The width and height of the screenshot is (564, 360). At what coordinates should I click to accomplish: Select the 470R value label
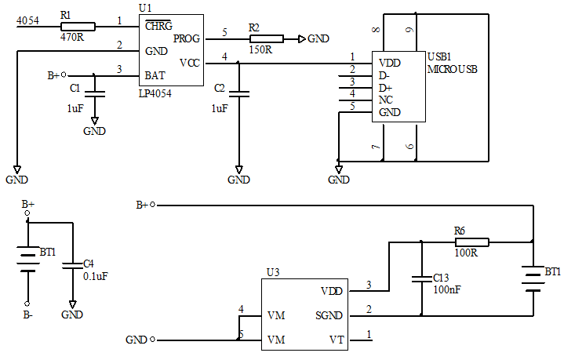pos(72,36)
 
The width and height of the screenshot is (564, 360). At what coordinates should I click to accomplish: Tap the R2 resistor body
pos(267,38)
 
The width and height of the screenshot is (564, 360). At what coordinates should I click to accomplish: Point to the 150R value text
pos(260,49)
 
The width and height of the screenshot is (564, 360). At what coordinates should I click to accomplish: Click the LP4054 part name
pos(155,93)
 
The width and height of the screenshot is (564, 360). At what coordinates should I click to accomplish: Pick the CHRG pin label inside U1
pos(158,26)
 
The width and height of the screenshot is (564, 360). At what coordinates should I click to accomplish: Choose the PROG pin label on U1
pos(187,38)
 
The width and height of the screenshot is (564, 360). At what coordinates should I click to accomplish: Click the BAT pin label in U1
pos(155,76)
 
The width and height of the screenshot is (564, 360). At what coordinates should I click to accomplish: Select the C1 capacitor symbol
pos(95,93)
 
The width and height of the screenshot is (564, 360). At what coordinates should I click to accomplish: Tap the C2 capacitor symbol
pos(239,93)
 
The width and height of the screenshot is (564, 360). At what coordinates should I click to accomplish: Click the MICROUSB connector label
pos(453,69)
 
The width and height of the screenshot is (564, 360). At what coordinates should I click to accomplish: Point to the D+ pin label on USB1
pos(384,88)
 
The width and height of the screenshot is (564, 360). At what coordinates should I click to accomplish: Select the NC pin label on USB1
pos(384,100)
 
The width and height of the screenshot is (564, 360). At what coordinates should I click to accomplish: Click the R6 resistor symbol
pos(472,242)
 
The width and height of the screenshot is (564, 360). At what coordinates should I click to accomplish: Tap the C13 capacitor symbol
pos(422,278)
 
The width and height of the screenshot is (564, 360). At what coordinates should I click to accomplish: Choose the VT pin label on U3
pos(336,340)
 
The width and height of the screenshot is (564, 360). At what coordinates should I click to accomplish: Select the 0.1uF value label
pos(96,275)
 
